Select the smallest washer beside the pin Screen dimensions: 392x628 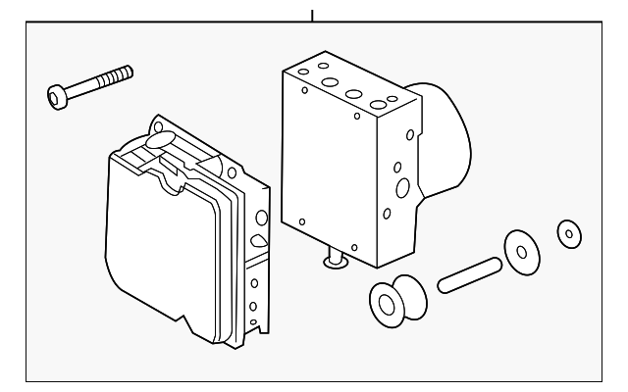point(567,233)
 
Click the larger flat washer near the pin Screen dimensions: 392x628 point(520,252)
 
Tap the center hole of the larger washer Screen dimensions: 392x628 point(521,253)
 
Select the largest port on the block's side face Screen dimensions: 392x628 point(402,188)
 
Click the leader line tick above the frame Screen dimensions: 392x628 point(312,15)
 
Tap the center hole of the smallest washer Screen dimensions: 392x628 point(567,234)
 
